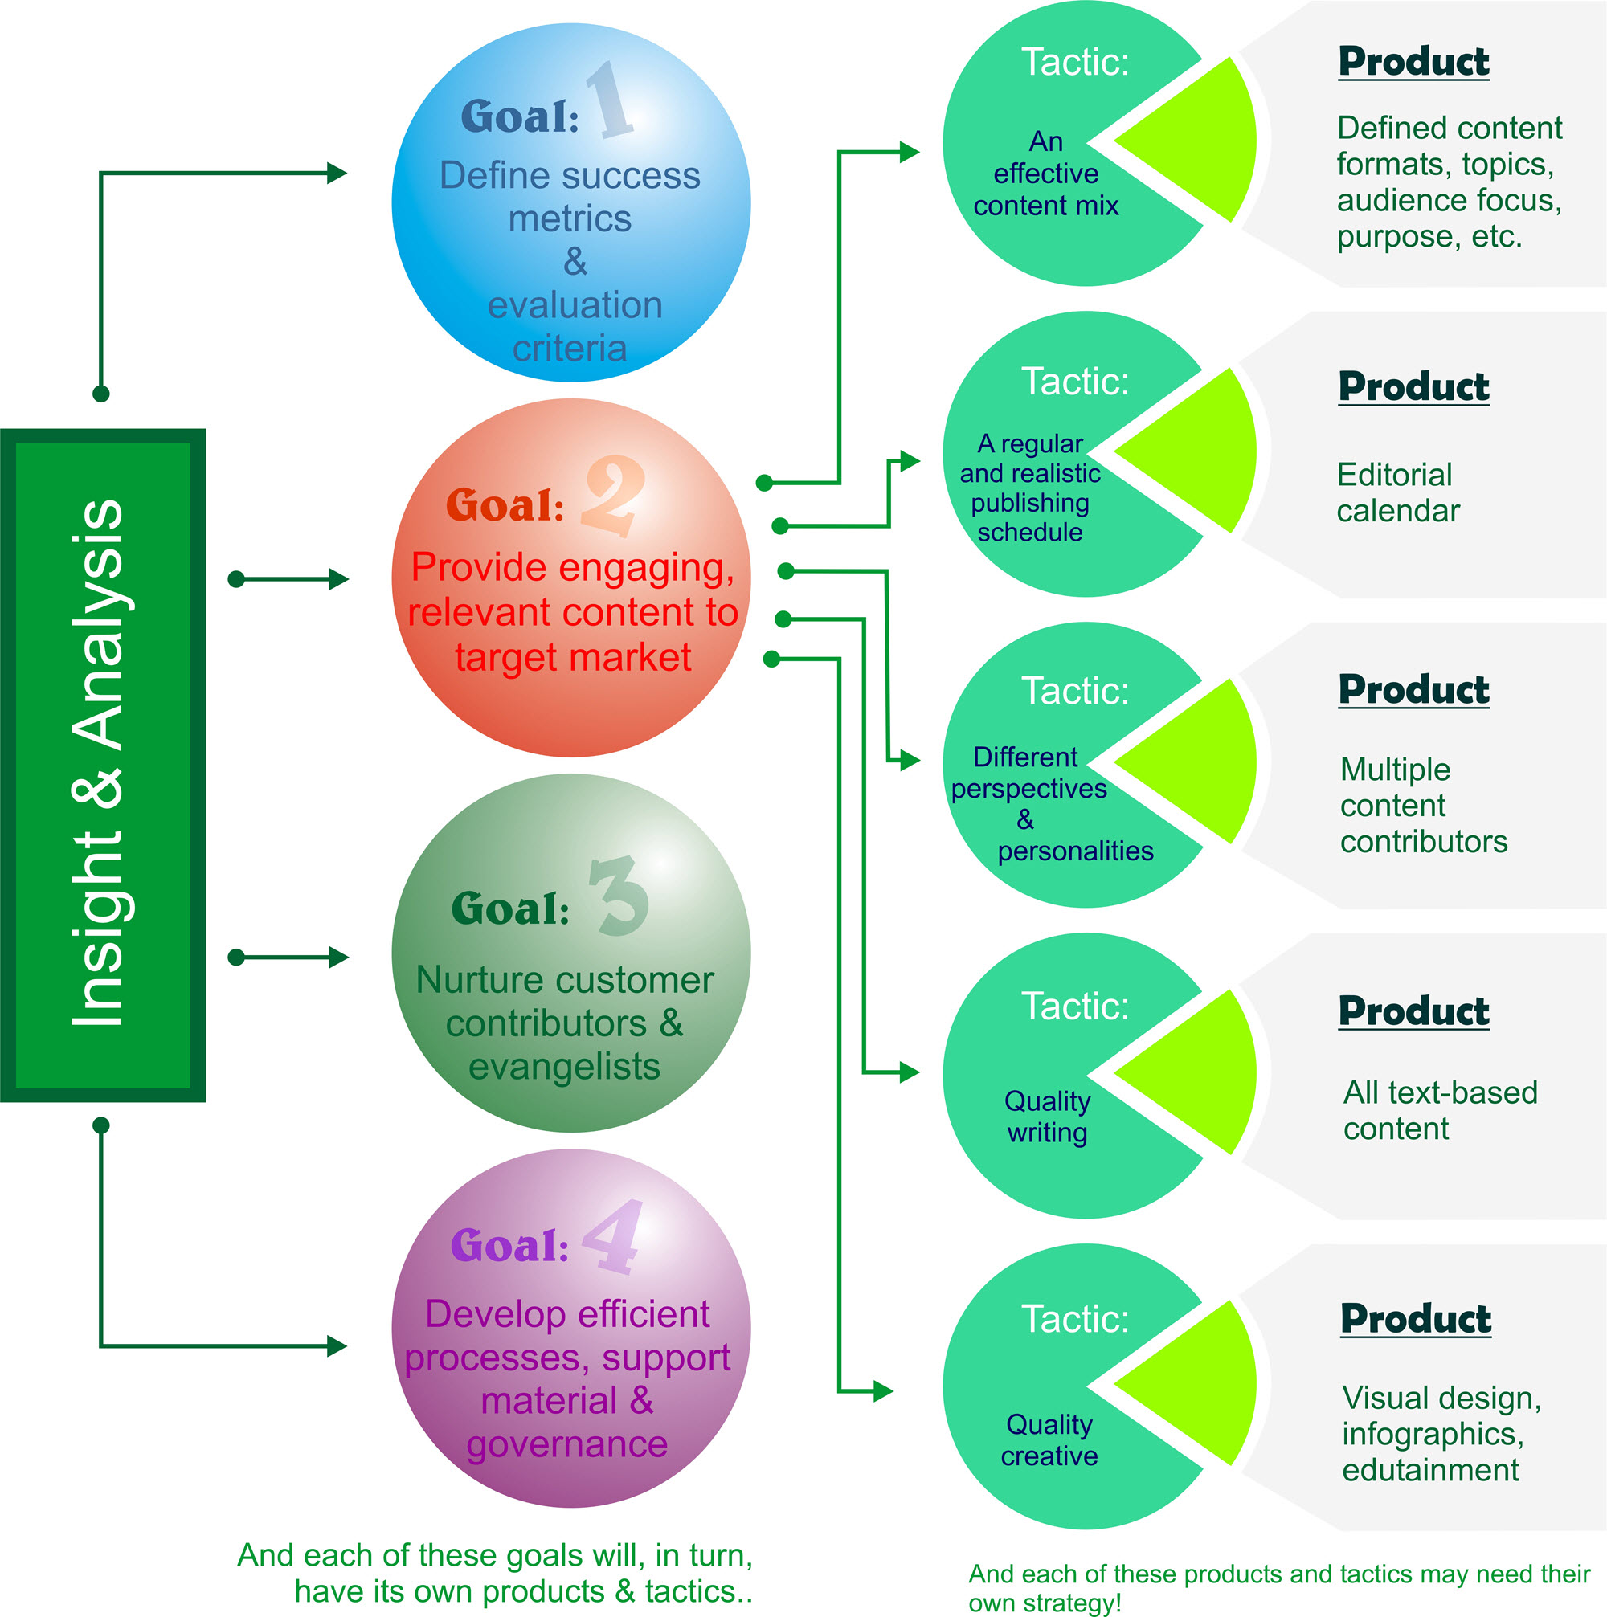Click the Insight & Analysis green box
coord(102,764)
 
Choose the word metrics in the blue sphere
coord(569,219)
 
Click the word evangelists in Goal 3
coord(564,1067)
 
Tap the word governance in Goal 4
coord(566,1444)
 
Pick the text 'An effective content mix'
coord(1045,174)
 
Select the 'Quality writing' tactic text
coord(1047,1117)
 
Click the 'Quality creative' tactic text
coord(1049,1439)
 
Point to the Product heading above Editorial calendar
coord(1413,386)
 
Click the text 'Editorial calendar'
coord(1397,493)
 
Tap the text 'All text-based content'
coord(1440,1111)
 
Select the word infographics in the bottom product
coord(1432,1434)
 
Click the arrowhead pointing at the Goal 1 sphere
coord(337,174)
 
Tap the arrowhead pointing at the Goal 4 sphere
coord(337,1345)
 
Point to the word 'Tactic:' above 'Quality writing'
coord(1075,1006)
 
